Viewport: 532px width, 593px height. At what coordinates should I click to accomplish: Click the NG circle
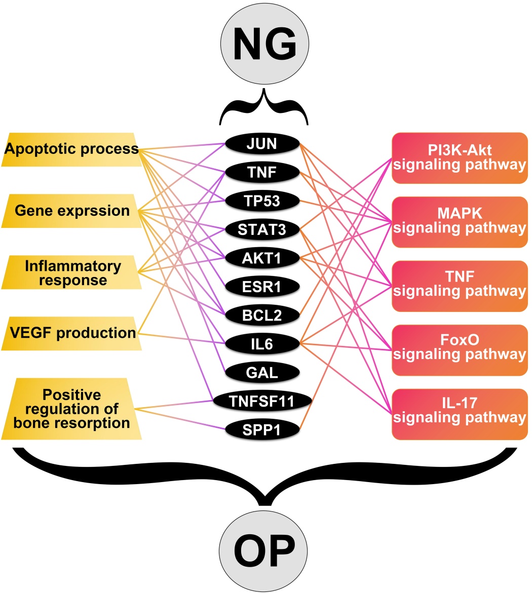coord(264,44)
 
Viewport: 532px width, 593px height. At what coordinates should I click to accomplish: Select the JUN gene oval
coord(262,144)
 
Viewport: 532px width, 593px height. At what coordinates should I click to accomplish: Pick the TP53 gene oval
coord(262,201)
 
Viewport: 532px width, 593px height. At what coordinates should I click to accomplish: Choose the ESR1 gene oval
coord(262,287)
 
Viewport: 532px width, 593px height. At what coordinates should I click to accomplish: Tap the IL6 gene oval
coord(262,345)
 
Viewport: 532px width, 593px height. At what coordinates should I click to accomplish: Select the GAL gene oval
coord(262,373)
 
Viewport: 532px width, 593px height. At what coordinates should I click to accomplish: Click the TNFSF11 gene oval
coord(262,401)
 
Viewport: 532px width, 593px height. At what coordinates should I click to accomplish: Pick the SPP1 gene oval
coord(262,429)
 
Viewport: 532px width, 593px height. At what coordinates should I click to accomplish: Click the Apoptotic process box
coord(71,149)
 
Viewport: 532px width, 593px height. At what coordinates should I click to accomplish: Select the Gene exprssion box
coord(71,211)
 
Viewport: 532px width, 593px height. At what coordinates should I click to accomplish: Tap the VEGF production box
coord(71,333)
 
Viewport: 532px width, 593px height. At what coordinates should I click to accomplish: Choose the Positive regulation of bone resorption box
coord(71,409)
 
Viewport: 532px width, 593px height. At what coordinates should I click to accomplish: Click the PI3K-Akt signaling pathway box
coord(460,158)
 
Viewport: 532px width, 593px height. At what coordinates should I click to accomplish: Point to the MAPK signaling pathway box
coord(460,222)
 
